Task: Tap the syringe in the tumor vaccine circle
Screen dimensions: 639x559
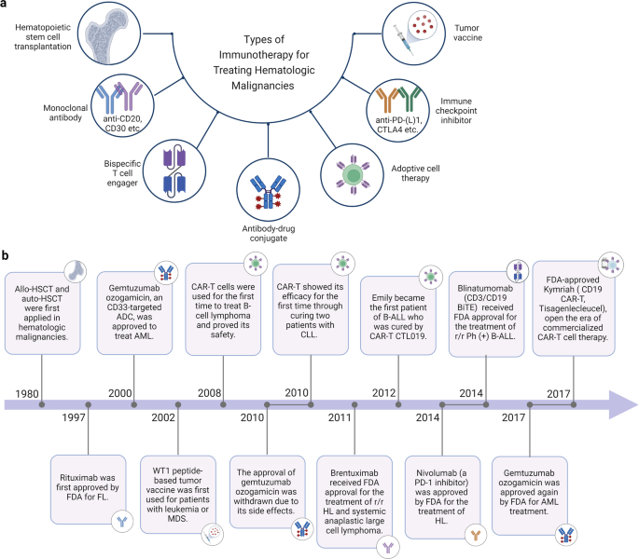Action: (x=403, y=40)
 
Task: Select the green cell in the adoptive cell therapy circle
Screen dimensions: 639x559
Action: (x=353, y=174)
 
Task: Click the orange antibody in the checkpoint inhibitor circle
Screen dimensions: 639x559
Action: (x=387, y=100)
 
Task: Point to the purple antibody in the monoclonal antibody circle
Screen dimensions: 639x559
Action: (x=129, y=96)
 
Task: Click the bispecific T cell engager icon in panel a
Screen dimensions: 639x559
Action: (x=174, y=171)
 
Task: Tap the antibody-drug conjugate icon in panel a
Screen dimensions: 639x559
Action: (x=268, y=192)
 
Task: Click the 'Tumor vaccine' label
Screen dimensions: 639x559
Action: (x=467, y=33)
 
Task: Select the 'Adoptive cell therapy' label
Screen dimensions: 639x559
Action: (x=415, y=173)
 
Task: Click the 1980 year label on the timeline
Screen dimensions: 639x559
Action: (x=27, y=394)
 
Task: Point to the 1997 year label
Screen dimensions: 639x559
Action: (x=74, y=417)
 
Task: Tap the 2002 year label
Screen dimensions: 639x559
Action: (x=163, y=417)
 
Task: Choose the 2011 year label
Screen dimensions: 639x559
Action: (x=340, y=417)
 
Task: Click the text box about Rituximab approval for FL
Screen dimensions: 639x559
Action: (x=88, y=489)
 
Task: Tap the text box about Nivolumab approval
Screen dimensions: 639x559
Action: (x=442, y=497)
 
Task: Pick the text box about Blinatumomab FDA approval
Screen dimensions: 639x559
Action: (x=486, y=313)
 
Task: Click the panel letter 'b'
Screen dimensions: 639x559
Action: (x=5, y=255)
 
